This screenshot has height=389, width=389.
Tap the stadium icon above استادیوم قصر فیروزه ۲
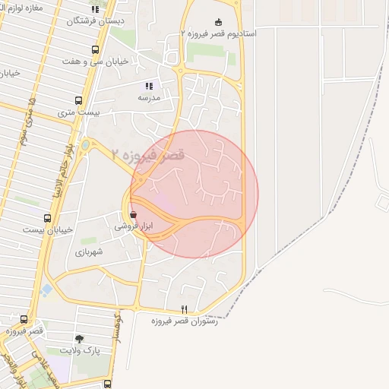click(x=219, y=22)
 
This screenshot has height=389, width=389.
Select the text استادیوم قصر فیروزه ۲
click(x=219, y=34)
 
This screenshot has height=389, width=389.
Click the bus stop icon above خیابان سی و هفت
click(x=95, y=49)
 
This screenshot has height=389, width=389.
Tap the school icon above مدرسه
click(x=149, y=86)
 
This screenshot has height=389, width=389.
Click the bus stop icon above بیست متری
click(x=78, y=100)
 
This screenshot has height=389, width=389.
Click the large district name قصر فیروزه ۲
click(x=147, y=155)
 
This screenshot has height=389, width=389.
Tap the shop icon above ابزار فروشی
click(x=134, y=214)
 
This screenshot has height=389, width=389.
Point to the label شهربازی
click(x=89, y=251)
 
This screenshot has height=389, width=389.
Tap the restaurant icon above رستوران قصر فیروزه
click(x=184, y=309)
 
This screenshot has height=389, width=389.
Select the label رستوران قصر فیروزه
click(x=185, y=321)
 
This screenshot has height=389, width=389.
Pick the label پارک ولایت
click(x=80, y=350)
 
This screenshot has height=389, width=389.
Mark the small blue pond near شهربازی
click(x=47, y=289)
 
